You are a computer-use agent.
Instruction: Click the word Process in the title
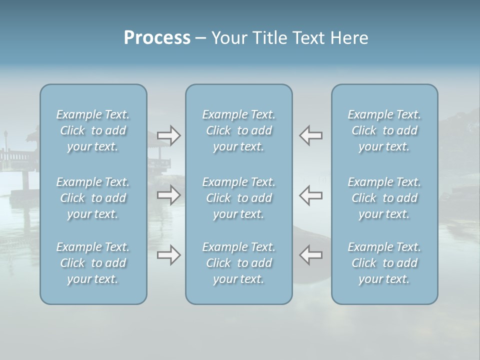[x=157, y=38]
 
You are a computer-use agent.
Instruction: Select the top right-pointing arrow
[x=168, y=135]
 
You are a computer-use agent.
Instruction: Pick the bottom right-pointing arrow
[x=168, y=255]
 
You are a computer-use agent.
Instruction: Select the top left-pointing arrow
[x=310, y=135]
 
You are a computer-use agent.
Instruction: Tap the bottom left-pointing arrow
[x=310, y=255]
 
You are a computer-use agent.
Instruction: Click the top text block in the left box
[x=93, y=130]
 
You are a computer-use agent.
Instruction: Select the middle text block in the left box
[x=93, y=198]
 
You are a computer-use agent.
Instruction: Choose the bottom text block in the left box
[x=93, y=263]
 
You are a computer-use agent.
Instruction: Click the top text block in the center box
[x=239, y=130]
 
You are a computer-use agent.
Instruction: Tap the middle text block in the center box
[x=239, y=198]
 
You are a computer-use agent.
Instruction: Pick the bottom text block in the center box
[x=239, y=263]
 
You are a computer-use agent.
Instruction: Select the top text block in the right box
[x=384, y=130]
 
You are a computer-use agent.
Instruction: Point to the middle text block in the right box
[x=384, y=198]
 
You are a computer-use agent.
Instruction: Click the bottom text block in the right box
[x=384, y=263]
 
